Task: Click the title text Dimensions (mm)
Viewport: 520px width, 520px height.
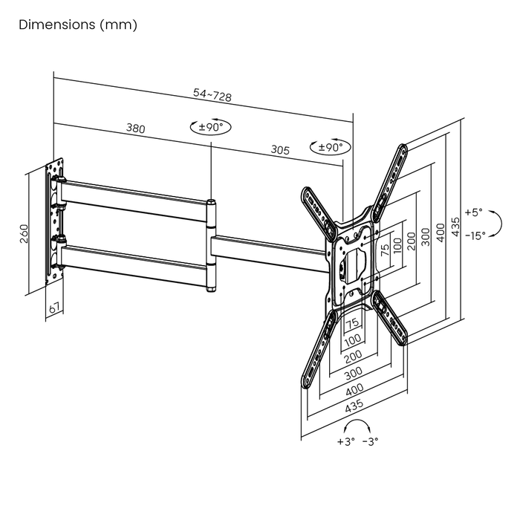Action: [78, 25]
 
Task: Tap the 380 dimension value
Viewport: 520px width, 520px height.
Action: [135, 129]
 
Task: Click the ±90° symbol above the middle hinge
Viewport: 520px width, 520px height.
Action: [211, 127]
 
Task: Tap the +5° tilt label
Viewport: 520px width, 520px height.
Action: [473, 212]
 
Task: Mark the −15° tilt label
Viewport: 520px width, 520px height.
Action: [475, 235]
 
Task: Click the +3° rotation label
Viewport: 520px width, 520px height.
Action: [345, 441]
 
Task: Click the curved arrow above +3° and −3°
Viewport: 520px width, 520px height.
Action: [357, 425]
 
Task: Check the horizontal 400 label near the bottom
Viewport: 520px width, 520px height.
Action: [355, 389]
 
